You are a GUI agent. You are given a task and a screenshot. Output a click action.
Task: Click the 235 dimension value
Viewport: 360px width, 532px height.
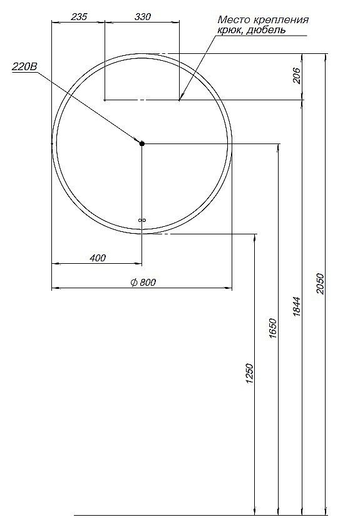[78, 18]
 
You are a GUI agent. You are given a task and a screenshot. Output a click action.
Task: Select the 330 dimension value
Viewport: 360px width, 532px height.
[143, 18]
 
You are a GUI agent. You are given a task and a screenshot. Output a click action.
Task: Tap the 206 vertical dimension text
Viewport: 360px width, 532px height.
[297, 76]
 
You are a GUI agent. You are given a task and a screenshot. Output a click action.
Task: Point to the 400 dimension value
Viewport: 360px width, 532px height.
[98, 258]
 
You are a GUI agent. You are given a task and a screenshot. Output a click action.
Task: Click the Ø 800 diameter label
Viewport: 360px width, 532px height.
[143, 282]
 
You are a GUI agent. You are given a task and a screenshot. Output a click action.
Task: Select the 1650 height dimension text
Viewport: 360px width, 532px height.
[273, 328]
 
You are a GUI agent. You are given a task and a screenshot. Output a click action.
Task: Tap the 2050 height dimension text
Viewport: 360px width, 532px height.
[321, 284]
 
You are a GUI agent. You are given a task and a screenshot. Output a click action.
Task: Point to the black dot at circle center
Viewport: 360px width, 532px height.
[142, 144]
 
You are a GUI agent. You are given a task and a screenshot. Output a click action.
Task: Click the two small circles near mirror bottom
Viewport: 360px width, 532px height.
[141, 220]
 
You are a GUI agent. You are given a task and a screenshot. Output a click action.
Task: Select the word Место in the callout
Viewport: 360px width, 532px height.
[233, 20]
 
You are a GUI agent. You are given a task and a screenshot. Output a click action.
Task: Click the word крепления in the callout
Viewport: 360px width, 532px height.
[280, 20]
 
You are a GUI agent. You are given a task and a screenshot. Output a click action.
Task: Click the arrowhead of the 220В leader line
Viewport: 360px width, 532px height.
[137, 141]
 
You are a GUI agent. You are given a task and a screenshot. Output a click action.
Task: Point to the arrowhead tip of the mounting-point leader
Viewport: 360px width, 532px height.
[180, 99]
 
